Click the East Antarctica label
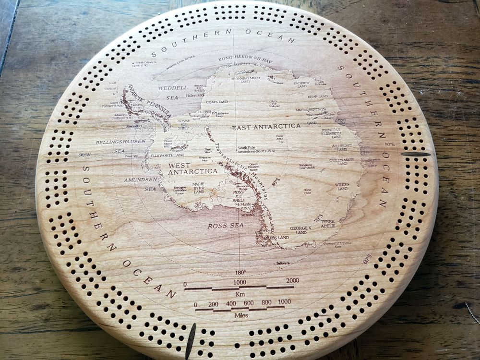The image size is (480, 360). coord(266,127)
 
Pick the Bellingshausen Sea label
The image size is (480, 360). coord(120,146)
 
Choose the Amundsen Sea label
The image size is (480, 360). coord(141,184)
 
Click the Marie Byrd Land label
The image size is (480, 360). coord(198,188)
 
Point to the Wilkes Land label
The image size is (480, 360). coord(342,186)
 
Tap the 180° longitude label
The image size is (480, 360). coord(240,272)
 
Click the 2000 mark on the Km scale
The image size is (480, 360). coord(292,281)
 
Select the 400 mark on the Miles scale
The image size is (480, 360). coord(231,303)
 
